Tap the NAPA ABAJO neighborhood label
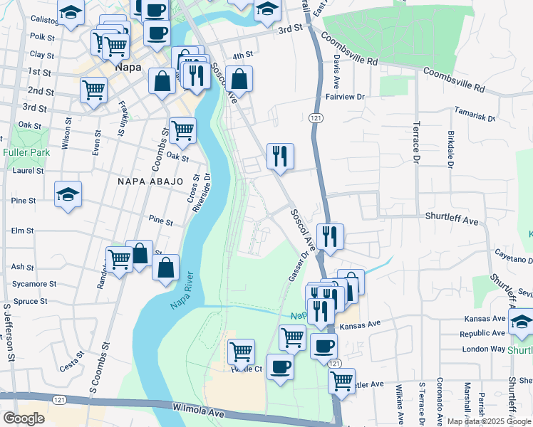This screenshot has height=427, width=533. (x=150, y=182)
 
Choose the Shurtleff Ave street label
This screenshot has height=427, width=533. (x=452, y=221)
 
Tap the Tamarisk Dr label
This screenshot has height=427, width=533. (x=475, y=115)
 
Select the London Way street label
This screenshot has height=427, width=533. (x=483, y=349)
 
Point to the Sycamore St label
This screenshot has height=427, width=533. (x=33, y=284)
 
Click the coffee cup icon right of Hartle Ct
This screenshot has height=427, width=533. (x=280, y=367)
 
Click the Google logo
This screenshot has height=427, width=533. (x=24, y=418)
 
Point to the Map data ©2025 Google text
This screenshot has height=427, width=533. (x=489, y=421)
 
